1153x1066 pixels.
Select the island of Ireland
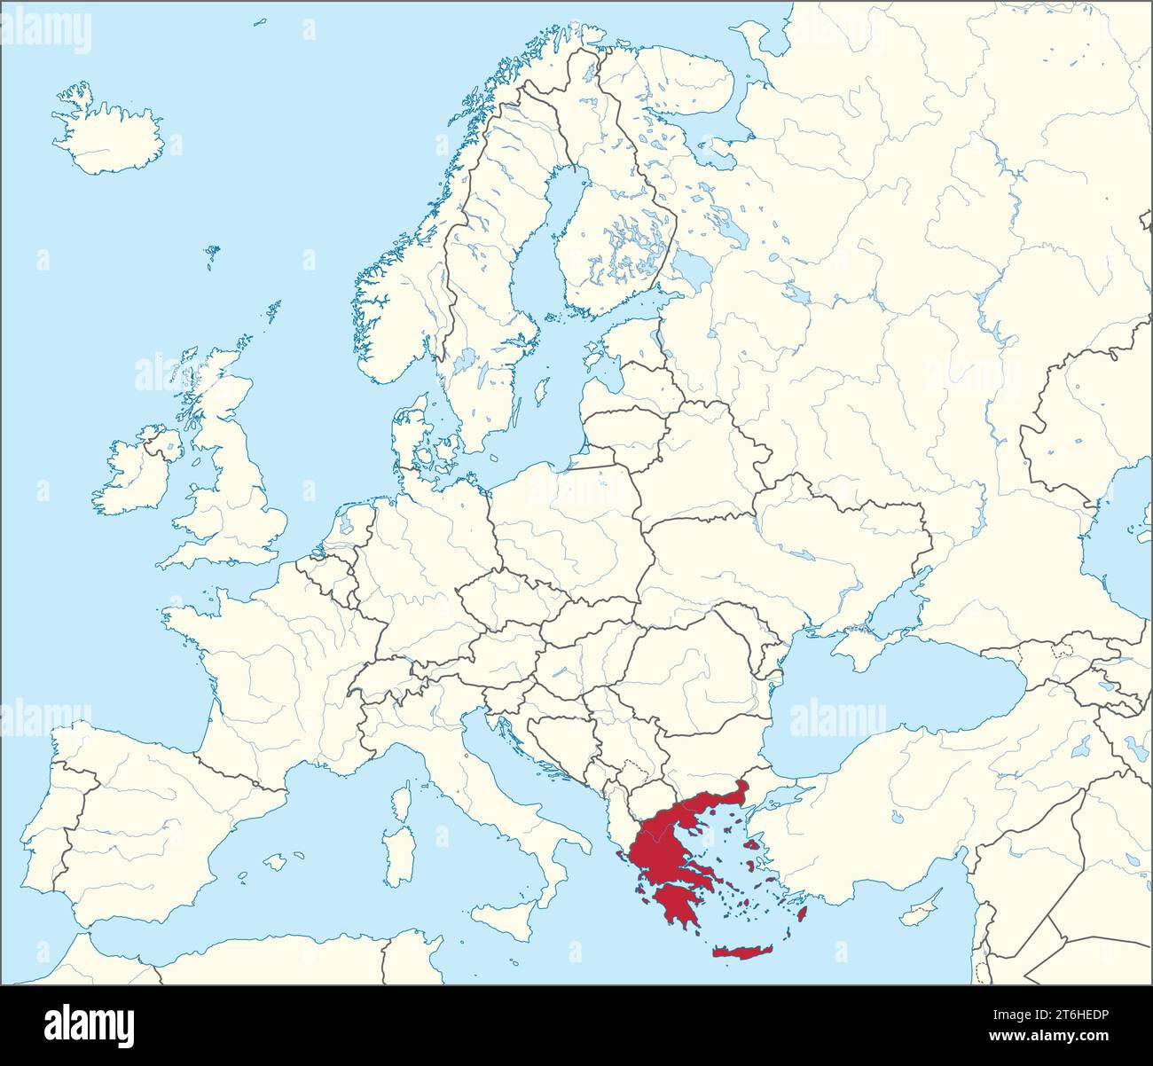pos(137,474)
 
